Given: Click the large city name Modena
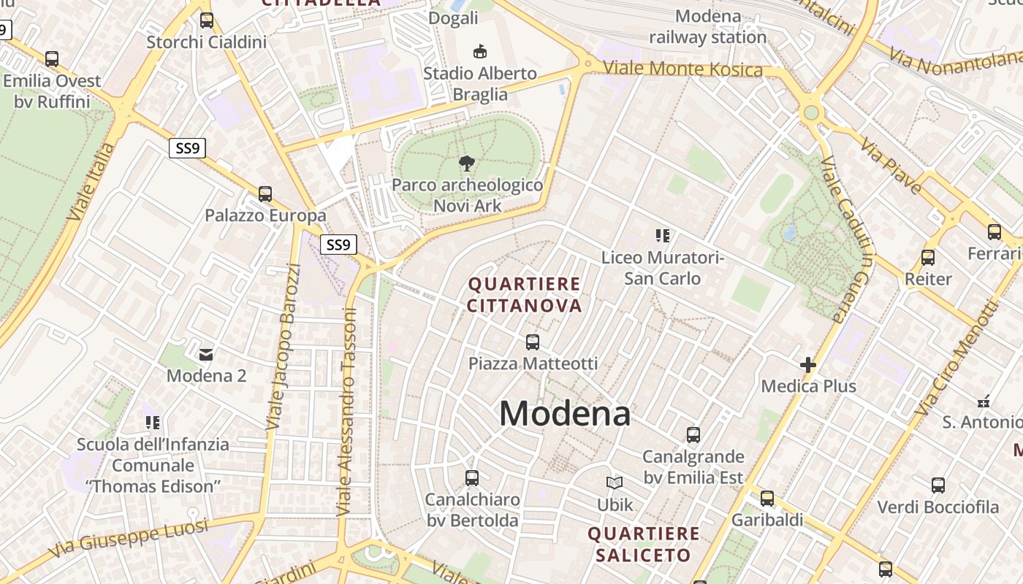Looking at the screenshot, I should coord(565,414).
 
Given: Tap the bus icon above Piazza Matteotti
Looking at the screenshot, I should coord(533,342).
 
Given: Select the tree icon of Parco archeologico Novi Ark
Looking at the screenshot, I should coord(466,163).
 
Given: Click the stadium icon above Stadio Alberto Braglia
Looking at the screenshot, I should coord(480,51).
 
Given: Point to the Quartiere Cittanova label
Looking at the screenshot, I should coord(524,294).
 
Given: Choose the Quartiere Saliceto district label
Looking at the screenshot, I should coord(643,545).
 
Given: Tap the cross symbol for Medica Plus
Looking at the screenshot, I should coord(808,364).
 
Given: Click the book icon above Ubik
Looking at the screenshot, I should coord(615,483).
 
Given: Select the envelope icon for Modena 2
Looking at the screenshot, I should coord(206,354).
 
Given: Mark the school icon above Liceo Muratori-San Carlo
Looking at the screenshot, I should coord(663,236).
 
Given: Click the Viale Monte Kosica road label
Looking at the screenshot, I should coord(682,69).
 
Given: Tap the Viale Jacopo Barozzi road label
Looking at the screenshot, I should coord(284,346).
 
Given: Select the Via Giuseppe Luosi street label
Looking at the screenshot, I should coord(129,539).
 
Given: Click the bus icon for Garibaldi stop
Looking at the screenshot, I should coord(767,499).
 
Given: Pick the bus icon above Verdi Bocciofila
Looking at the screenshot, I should coord(938,485).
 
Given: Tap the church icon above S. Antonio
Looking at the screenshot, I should coord(984,400).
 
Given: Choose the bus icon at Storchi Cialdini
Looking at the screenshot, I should coord(207,20).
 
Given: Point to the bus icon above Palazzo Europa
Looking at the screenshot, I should coord(265,194).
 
